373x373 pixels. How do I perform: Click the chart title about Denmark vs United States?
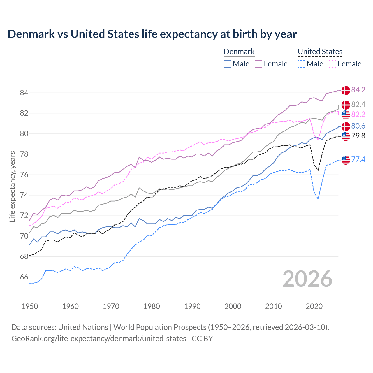pos(152,34)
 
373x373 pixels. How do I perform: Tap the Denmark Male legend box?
pos(228,64)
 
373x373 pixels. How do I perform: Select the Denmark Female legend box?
pos(258,64)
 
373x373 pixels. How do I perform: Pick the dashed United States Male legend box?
pos(301,64)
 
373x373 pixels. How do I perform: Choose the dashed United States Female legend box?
pos(332,64)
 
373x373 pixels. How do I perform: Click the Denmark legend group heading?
pos(239,52)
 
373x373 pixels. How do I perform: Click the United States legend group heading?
pos(320,52)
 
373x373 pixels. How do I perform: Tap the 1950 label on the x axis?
pos(30,306)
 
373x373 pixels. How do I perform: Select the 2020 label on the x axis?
pos(314,306)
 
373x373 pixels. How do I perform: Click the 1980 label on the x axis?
pos(152,306)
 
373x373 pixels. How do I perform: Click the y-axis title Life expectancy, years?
pos(12,186)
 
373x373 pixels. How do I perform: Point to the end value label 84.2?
pos(358,90)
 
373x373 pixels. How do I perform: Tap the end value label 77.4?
pos(358,159)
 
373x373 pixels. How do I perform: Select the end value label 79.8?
pos(358,136)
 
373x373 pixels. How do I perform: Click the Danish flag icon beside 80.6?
pos(346,126)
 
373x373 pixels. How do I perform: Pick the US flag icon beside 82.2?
pos(346,115)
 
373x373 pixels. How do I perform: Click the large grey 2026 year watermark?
pos(307,279)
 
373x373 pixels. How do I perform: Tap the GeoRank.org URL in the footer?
pos(98,339)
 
